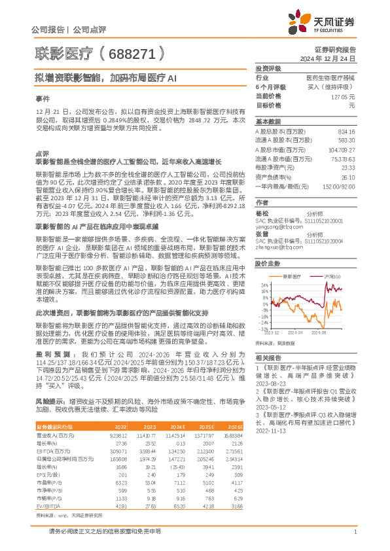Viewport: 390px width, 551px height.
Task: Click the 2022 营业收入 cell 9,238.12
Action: [117, 416]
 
